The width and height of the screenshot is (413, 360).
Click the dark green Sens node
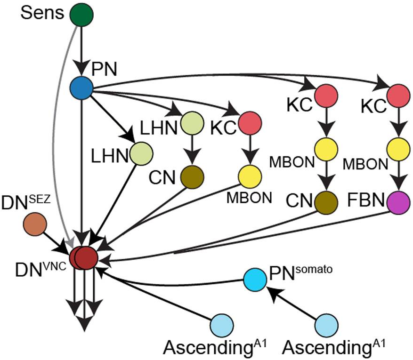click(81, 15)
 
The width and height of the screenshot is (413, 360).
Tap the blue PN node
click(81, 88)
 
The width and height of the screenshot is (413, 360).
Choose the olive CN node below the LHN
click(191, 176)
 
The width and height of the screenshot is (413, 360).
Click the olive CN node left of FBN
click(326, 201)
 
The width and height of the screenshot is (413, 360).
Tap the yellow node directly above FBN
click(398, 149)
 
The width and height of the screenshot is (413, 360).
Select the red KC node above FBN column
click(398, 96)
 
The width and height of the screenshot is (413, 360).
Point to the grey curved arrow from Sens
click(59, 141)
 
